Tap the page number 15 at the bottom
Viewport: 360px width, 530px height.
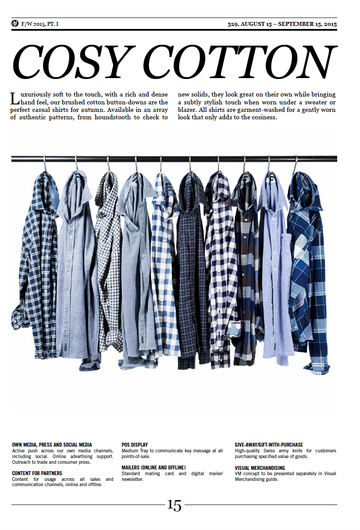pyautogui.click(x=174, y=505)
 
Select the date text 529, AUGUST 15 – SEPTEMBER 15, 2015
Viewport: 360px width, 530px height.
pyautogui.click(x=282, y=24)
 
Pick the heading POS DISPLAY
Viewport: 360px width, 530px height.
pyautogui.click(x=135, y=445)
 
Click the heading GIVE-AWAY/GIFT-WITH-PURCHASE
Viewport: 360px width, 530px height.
pyautogui.click(x=268, y=445)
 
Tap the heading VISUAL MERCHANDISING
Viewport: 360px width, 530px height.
pyautogui.click(x=260, y=468)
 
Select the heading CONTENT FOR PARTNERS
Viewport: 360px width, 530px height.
pyautogui.click(x=37, y=473)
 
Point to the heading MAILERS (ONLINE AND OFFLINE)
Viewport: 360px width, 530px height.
pyautogui.click(x=153, y=468)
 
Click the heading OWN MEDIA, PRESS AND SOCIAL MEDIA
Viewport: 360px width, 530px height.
pyautogui.click(x=52, y=445)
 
